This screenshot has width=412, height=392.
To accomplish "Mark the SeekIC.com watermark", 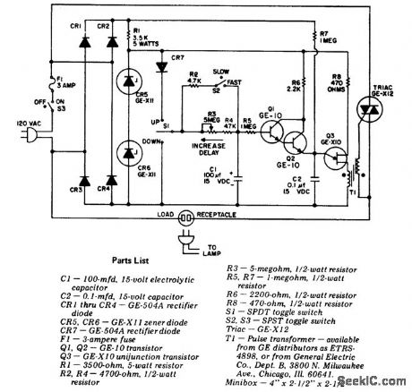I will click(380, 381).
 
